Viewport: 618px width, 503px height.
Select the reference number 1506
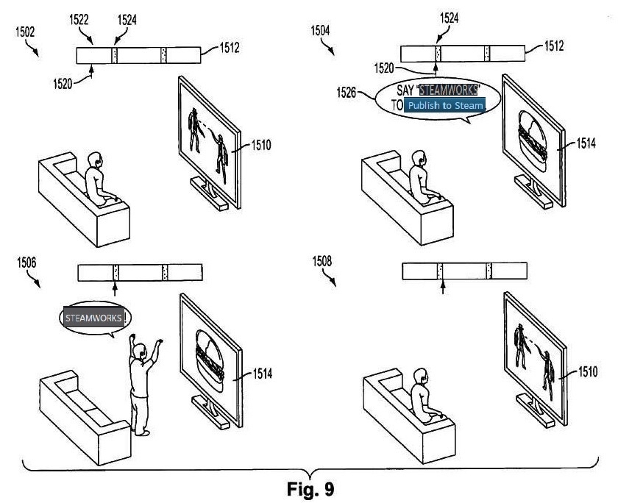point(24,261)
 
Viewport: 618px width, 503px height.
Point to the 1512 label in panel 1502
point(230,49)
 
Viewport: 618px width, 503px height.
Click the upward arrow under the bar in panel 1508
point(441,288)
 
